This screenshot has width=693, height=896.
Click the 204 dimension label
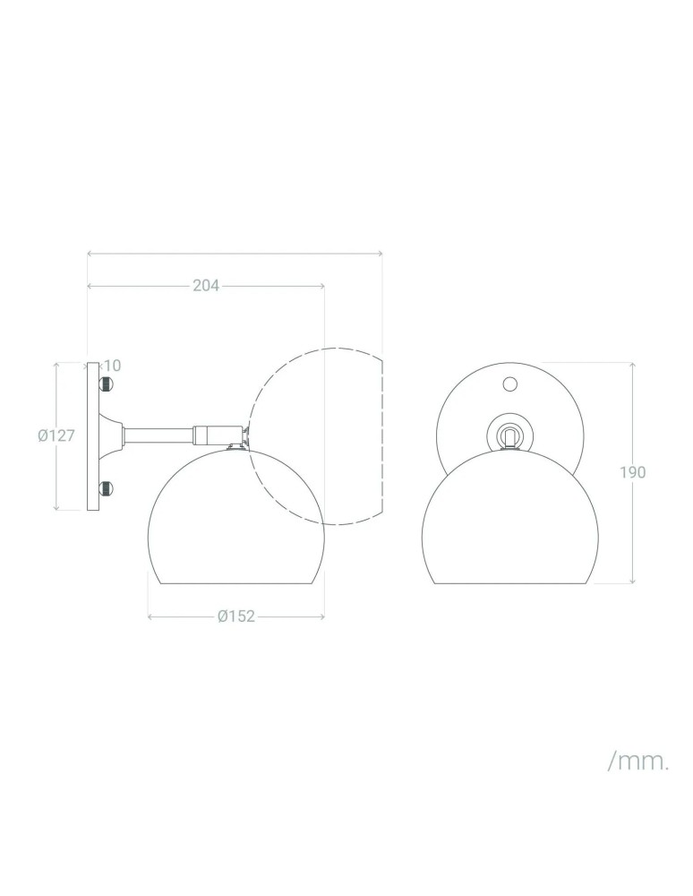tap(206, 286)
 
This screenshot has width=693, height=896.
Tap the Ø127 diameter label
tap(56, 435)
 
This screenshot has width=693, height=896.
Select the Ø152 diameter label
tap(236, 616)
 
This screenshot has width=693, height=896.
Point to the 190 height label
tap(632, 472)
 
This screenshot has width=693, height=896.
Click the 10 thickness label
tap(113, 365)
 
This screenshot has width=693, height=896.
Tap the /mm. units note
tap(638, 762)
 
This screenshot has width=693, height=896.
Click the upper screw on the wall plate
tap(106, 384)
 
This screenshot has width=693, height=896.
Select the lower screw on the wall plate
tap(106, 488)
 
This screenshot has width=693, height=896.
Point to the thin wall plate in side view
tap(92, 436)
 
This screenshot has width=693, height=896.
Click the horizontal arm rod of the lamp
tap(159, 435)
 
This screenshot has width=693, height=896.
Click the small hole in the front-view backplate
tap(510, 384)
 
